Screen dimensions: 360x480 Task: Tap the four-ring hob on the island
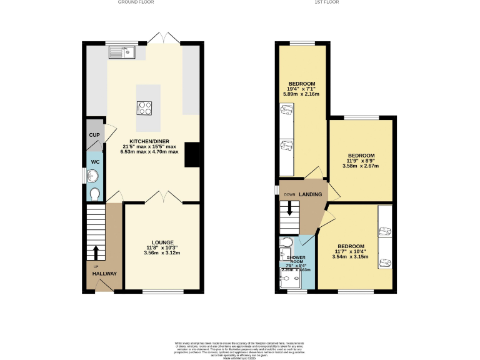coord(144,108)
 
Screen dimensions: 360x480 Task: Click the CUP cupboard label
coord(94,135)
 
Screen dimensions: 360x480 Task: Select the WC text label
coord(94,161)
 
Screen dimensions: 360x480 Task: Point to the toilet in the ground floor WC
coord(94,194)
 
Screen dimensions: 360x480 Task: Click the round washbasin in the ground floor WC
coord(94,176)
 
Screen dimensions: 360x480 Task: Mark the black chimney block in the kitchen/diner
coord(192,155)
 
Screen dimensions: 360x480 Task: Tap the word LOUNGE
coord(162,242)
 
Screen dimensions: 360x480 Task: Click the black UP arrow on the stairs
coord(96,252)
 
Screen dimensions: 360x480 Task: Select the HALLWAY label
coord(104,274)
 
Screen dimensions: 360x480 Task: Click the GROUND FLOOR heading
coord(136,2)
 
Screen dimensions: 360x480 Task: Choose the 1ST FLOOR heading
coord(326,2)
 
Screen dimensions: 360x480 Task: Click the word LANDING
coord(311,194)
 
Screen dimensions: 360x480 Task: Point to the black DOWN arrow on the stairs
coord(289,210)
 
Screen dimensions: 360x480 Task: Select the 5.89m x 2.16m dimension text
coord(302,94)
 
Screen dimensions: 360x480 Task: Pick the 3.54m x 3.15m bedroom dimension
coord(352,257)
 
